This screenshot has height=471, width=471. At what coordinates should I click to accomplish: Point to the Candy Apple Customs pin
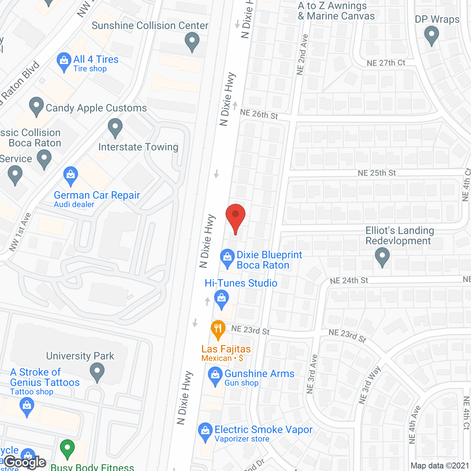(x=36, y=106)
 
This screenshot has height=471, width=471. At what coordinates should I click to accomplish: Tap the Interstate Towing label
(x=138, y=147)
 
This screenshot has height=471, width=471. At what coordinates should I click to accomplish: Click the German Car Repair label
(x=97, y=195)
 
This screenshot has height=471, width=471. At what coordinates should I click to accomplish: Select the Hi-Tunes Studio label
(x=241, y=283)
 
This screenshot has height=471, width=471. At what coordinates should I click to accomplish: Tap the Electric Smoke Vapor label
(x=263, y=430)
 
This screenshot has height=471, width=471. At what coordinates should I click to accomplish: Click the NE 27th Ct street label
(x=386, y=63)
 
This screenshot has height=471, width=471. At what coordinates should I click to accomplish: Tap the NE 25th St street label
(x=376, y=173)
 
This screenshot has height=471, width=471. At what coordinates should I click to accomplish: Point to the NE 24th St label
(x=349, y=281)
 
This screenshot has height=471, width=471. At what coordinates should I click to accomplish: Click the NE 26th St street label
(x=259, y=114)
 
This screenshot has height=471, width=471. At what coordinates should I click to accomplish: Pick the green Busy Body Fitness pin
(x=67, y=449)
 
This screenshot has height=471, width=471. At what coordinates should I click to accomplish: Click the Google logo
(x=25, y=462)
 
